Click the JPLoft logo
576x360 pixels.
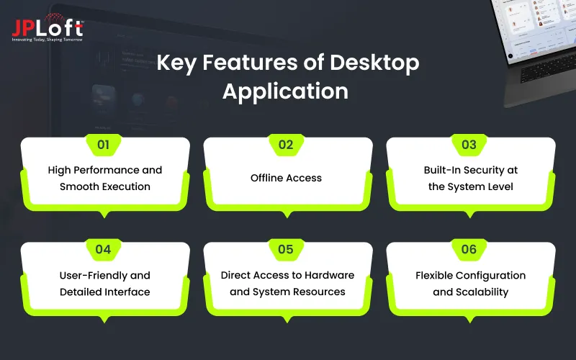pos(47,27)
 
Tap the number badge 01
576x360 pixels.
pos(104,145)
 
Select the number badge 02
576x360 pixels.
pos(286,145)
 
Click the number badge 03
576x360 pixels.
pos(469,145)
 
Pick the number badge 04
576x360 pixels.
pos(104,250)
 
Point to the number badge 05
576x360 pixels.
pos(286,250)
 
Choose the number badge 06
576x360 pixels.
pos(469,250)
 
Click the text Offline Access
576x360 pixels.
pos(286,177)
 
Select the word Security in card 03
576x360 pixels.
pos(486,171)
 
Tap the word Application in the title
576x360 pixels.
pos(285,91)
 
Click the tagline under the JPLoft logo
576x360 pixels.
pos(47,39)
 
